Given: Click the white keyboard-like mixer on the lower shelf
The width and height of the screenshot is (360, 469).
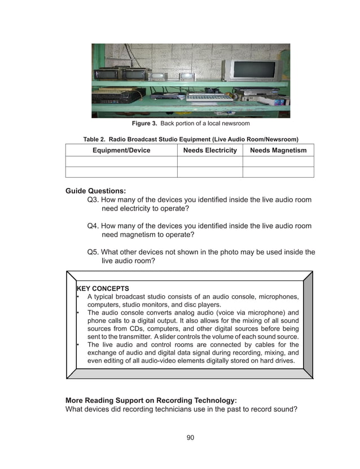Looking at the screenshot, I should (209, 97).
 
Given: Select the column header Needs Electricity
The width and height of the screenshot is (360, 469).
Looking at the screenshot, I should (210, 150).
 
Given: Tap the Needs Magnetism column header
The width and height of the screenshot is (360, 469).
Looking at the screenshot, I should (278, 150).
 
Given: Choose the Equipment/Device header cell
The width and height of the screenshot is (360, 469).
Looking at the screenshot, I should (121, 150).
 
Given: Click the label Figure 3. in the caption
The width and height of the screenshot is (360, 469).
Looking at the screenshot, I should (144, 124).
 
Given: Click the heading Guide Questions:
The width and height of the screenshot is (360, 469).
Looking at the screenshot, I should (95, 191).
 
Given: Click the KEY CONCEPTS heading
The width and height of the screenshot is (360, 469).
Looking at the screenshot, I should (102, 288).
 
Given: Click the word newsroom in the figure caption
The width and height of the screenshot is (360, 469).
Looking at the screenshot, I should (236, 124).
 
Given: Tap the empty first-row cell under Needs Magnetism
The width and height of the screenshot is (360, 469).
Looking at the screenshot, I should (278, 161).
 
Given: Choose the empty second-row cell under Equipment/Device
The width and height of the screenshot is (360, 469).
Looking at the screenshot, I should (121, 172).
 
